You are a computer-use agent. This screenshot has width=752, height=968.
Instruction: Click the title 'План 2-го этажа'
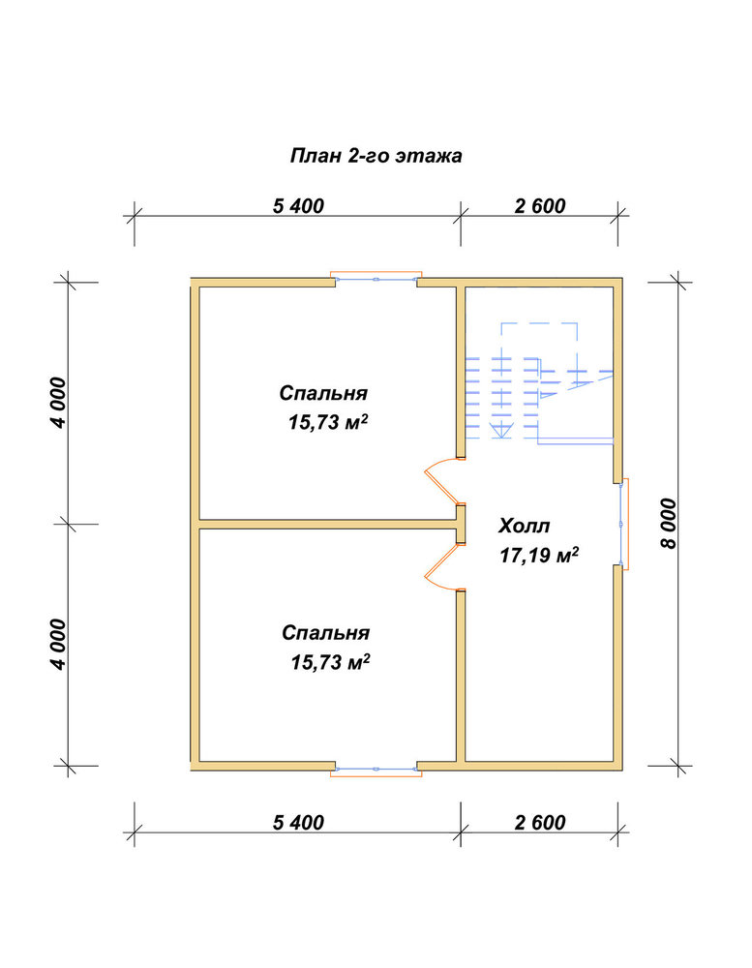click(376, 156)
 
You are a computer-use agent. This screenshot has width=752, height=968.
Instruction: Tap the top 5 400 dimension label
click(298, 205)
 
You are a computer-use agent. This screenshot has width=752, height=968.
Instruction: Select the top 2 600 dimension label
click(540, 205)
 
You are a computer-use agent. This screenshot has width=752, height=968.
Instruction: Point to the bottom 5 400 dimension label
click(298, 822)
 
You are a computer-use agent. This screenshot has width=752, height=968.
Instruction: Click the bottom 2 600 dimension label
click(540, 822)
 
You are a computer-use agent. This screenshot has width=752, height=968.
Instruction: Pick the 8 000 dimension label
click(668, 524)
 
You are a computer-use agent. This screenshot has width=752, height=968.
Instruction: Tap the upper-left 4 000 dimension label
click(58, 403)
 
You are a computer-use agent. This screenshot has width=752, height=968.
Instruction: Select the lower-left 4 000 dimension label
click(58, 644)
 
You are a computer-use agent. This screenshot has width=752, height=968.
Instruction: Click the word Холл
click(525, 527)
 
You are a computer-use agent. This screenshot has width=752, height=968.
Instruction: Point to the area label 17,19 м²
click(539, 555)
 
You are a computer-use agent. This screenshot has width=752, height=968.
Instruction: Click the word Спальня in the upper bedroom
click(323, 393)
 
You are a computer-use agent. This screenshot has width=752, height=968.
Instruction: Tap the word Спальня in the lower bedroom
click(325, 633)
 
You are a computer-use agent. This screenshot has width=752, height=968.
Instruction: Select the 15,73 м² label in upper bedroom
click(328, 422)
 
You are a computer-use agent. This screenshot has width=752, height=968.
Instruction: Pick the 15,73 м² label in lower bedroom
click(330, 662)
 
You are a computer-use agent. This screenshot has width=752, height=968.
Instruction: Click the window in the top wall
click(376, 279)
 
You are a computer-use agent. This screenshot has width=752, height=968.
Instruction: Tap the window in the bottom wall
click(376, 770)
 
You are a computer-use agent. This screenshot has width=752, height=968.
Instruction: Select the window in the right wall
click(623, 524)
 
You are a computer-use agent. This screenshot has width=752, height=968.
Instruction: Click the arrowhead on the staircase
click(501, 430)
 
